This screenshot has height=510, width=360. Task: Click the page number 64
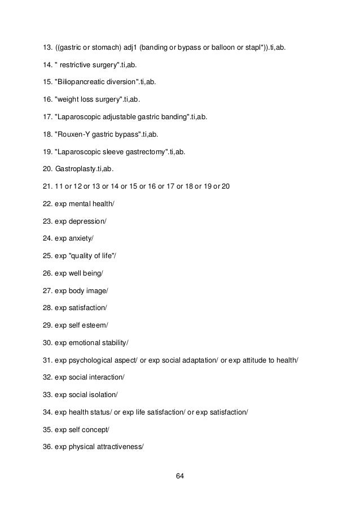point(180,476)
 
